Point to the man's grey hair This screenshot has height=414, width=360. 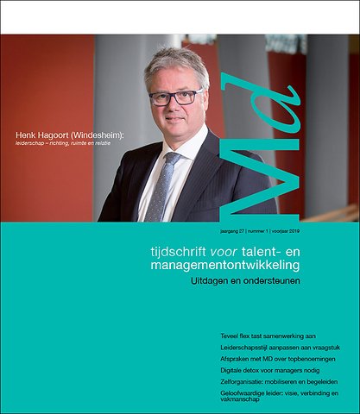[x=176, y=61]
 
